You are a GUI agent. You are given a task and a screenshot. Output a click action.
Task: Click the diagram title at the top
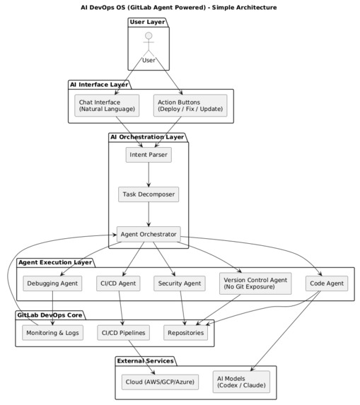tap(180, 7)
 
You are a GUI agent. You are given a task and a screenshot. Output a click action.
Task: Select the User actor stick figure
tap(149, 45)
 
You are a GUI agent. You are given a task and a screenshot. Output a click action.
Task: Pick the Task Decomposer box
tap(149, 193)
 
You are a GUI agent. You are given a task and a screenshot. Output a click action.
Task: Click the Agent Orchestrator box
tap(149, 233)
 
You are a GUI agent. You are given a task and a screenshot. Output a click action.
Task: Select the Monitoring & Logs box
tap(53, 332)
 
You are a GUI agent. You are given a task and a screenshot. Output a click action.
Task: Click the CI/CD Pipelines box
tap(123, 332)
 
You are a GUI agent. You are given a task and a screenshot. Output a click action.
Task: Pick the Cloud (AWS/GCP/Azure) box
tap(160, 382)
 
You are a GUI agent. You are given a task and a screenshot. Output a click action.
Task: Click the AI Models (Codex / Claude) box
tap(240, 382)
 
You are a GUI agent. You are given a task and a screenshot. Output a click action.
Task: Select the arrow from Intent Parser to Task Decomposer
tap(149, 174)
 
